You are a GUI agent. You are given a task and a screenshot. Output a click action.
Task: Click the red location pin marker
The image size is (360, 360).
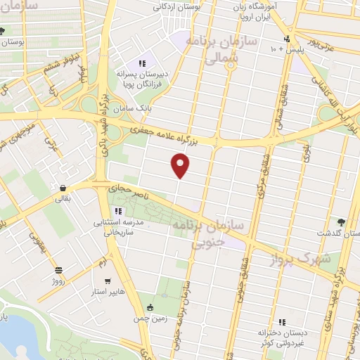coord(181,166)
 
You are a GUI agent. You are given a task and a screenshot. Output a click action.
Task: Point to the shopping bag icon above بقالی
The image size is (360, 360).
coord(64,188)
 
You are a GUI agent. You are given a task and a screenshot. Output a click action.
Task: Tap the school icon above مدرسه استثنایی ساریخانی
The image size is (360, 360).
coord(118,210)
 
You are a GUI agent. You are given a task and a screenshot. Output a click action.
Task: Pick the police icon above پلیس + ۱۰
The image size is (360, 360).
coord(286,39)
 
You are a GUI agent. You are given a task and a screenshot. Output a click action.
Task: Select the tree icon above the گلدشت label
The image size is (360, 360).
coord(341,221)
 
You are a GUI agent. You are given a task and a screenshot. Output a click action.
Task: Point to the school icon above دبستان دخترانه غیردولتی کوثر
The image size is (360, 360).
coord(281,321)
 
